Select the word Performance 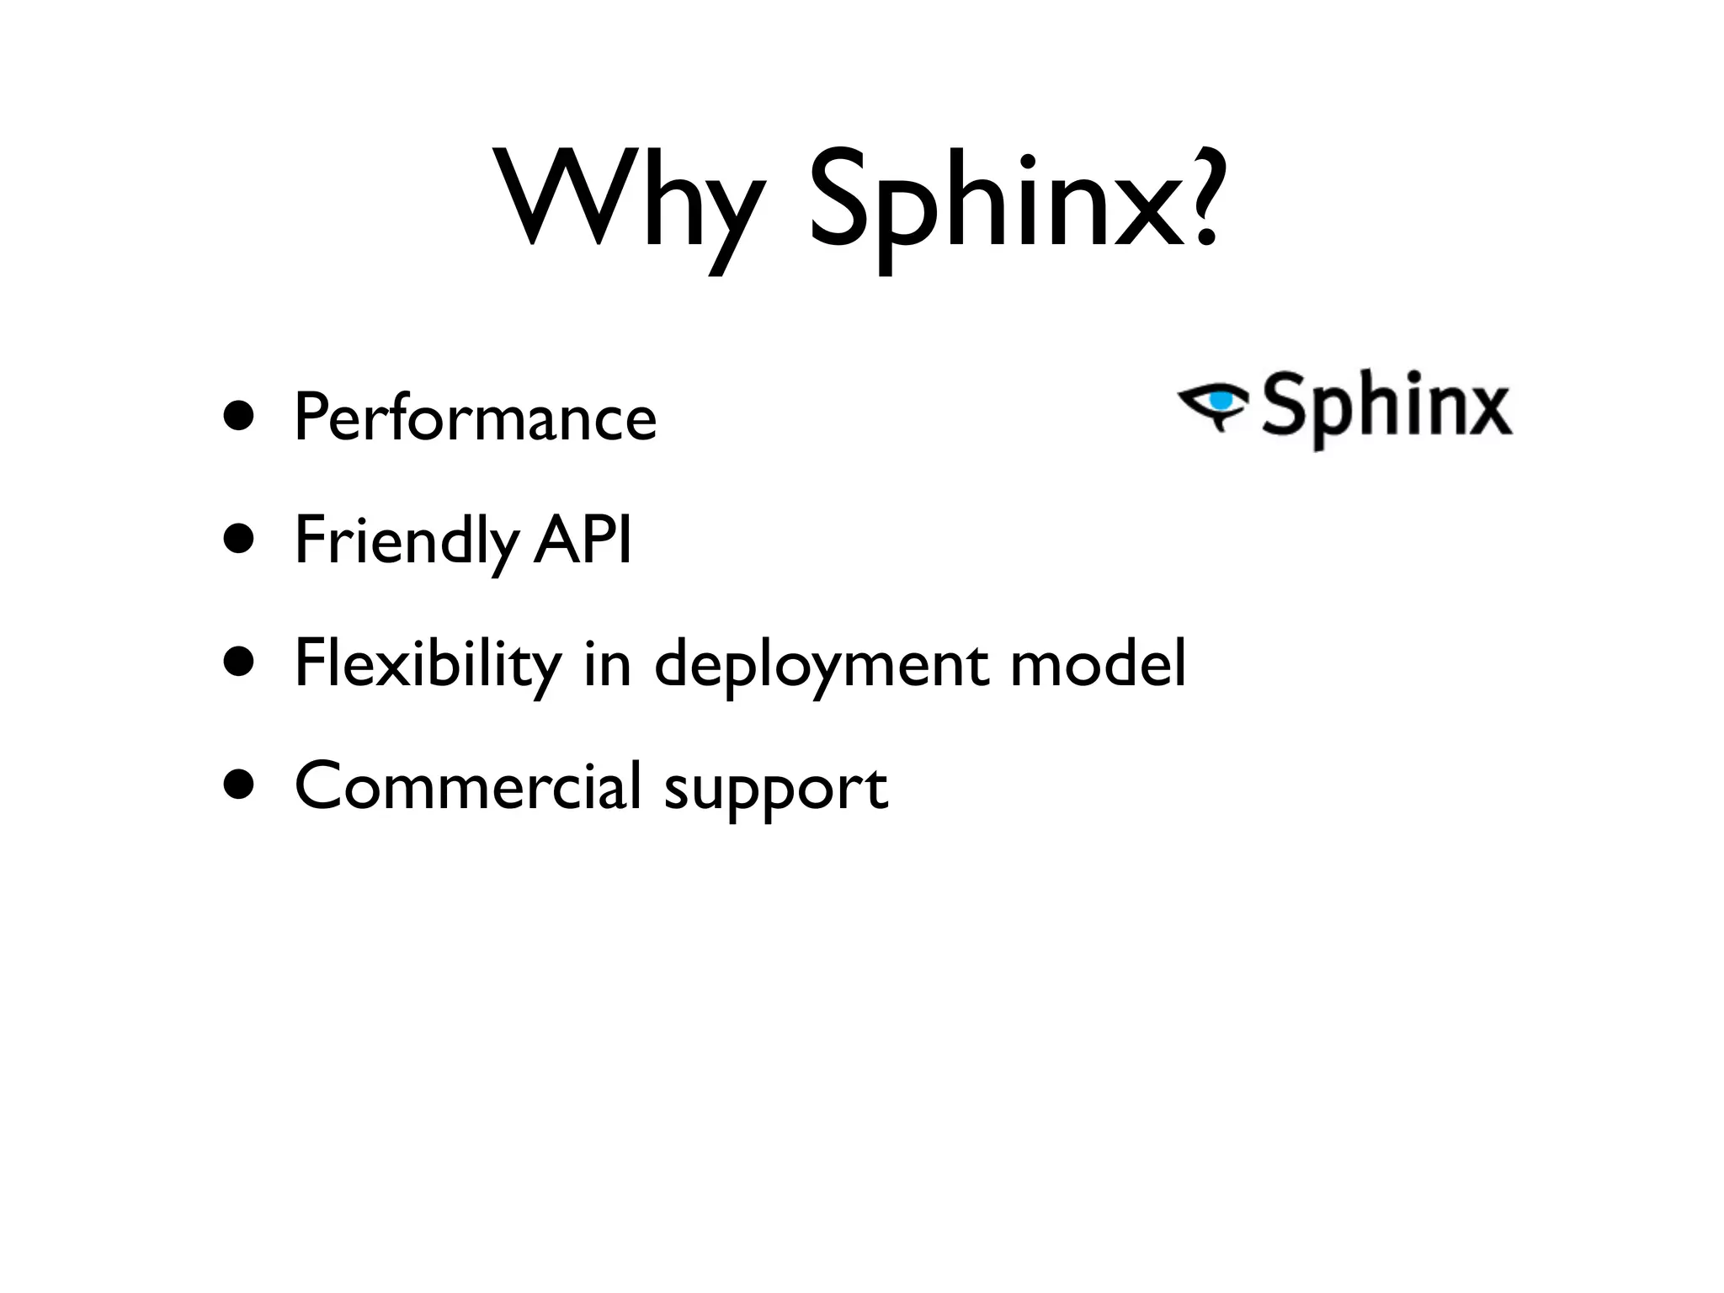click(x=475, y=418)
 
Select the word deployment click(x=820, y=665)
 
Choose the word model click(x=1098, y=662)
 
